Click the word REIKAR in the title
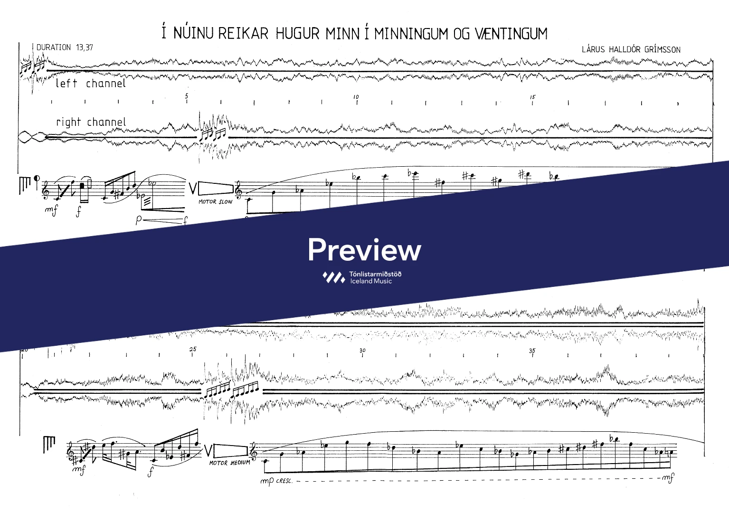pyautogui.click(x=243, y=34)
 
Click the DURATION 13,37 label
pyautogui.click(x=65, y=47)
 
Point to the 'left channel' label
pyautogui.click(x=90, y=84)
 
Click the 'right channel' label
pyautogui.click(x=91, y=122)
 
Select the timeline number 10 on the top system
pyautogui.click(x=356, y=97)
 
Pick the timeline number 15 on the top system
pyautogui.click(x=532, y=97)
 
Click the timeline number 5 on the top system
pyautogui.click(x=187, y=96)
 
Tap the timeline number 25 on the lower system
pyautogui.click(x=192, y=349)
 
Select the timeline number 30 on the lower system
pyautogui.click(x=362, y=351)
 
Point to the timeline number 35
pyautogui.click(x=532, y=351)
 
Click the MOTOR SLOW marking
pyautogui.click(x=215, y=202)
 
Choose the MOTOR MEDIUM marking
pyautogui.click(x=229, y=463)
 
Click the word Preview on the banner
pyautogui.click(x=364, y=250)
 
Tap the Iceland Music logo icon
pyautogui.click(x=333, y=277)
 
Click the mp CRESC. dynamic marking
pyautogui.click(x=276, y=481)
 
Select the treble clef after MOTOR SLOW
pyautogui.click(x=239, y=190)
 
